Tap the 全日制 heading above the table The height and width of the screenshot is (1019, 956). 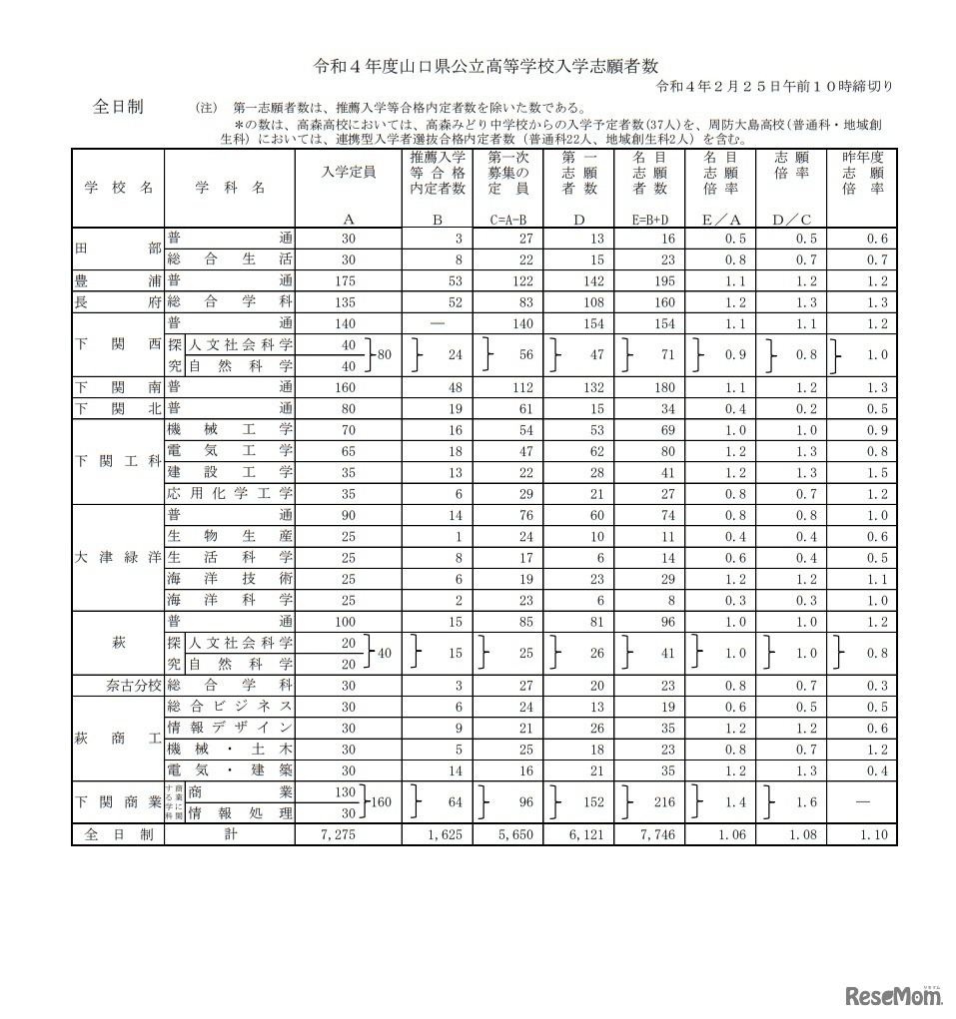[118, 106]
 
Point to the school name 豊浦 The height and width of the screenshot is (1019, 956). [118, 280]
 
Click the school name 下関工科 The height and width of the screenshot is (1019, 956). [118, 461]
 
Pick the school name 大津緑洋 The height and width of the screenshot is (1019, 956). [118, 557]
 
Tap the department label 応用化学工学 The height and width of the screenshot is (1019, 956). [230, 493]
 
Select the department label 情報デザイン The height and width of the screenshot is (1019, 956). [230, 727]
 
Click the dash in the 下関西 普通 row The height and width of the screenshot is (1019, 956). [436, 323]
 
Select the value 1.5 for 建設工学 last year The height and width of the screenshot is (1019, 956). [878, 472]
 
